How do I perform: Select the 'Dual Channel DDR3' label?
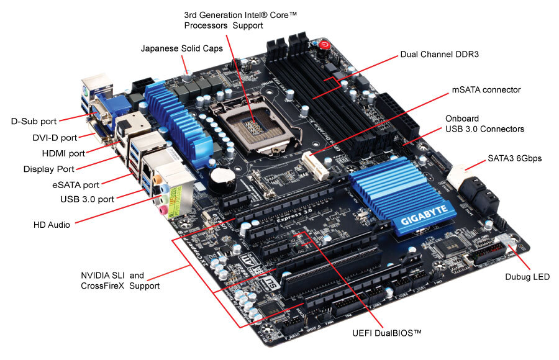(440, 55)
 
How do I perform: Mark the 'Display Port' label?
(48, 169)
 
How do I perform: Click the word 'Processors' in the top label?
(205, 25)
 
